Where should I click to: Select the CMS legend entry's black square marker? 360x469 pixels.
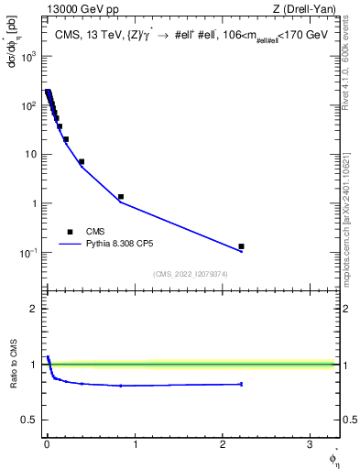[x=70, y=232]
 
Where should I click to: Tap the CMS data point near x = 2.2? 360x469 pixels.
[x=241, y=246]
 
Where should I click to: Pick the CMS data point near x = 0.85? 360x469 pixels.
[x=121, y=197]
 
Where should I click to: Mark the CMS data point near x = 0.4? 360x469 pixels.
[x=82, y=162]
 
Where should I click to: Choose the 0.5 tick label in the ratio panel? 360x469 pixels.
[x=28, y=420]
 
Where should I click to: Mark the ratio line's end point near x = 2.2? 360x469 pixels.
[x=241, y=384]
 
